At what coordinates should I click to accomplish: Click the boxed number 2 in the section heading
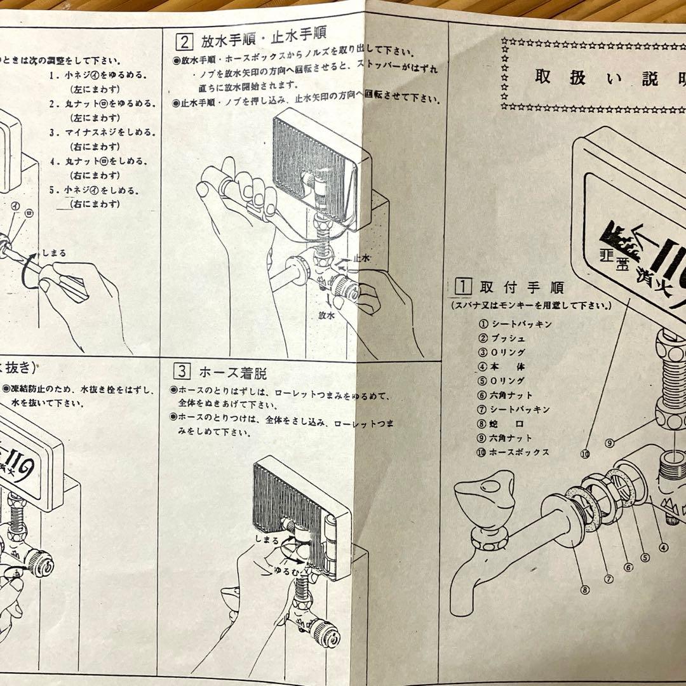184,43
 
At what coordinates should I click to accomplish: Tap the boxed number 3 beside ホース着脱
181,372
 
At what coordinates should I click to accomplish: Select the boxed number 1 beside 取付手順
464,285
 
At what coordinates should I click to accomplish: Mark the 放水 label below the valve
326,314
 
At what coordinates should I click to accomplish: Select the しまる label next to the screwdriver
55,253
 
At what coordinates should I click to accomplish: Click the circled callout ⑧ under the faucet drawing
584,589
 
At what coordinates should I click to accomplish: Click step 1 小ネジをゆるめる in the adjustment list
98,75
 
